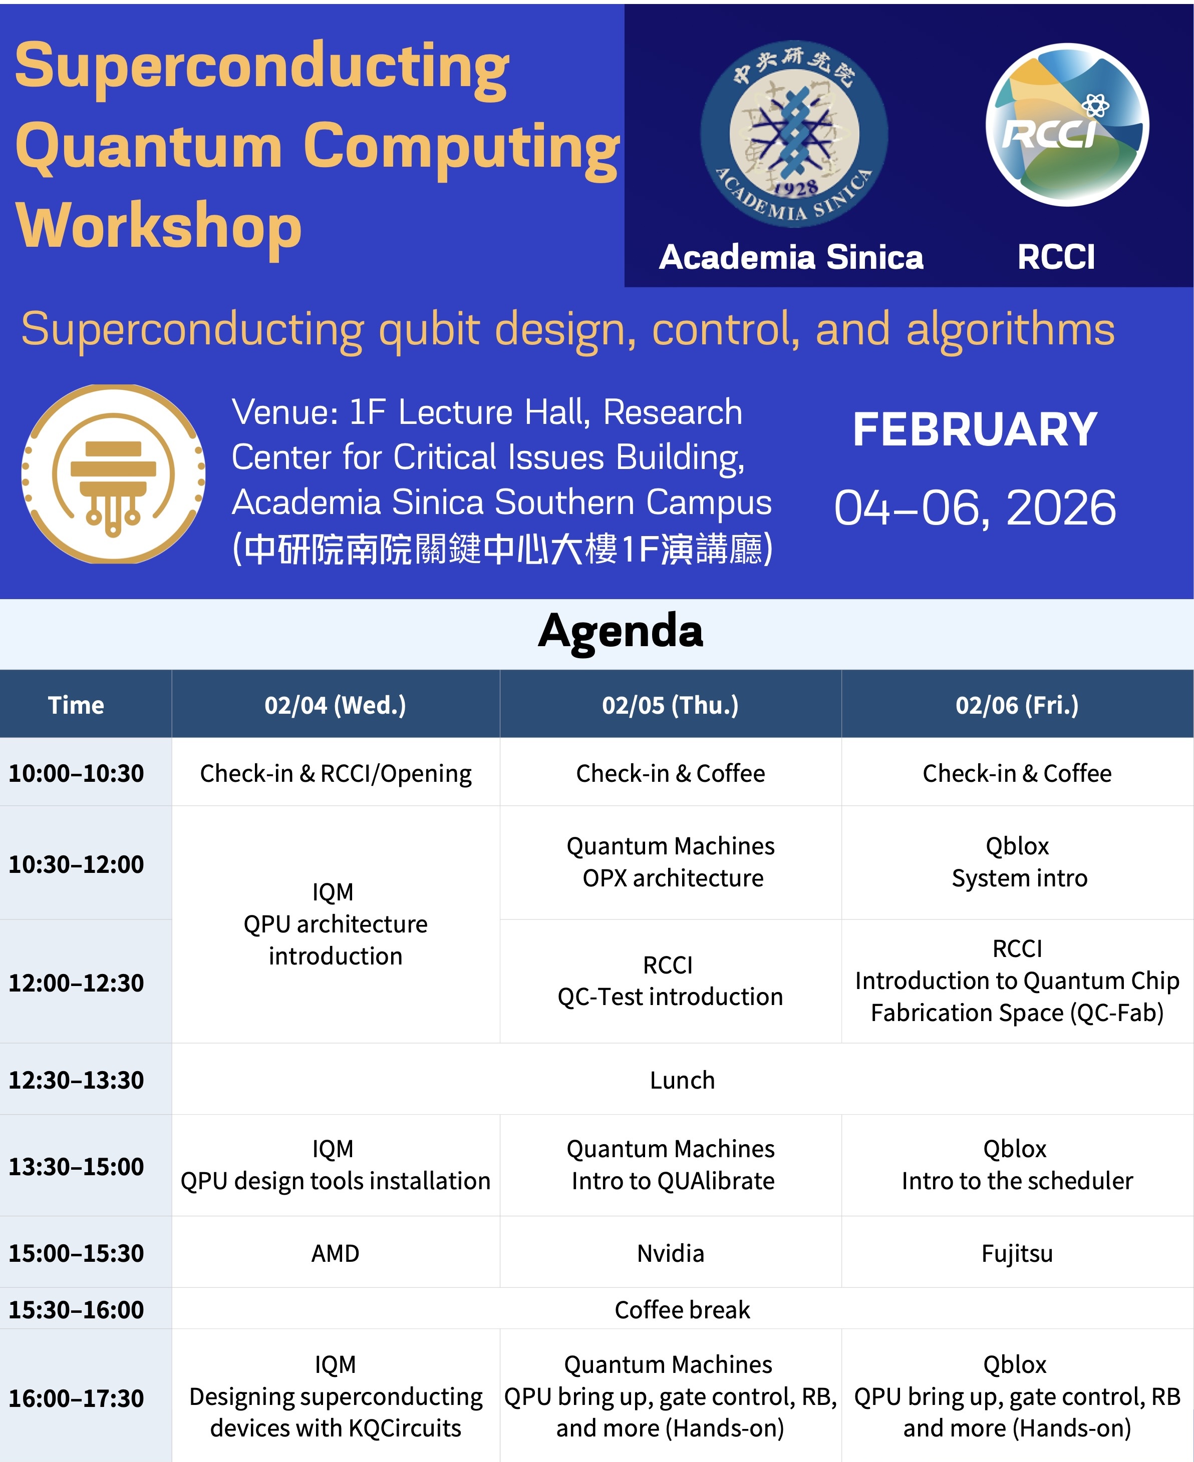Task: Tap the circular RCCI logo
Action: click(x=1067, y=125)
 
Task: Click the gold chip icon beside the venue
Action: click(x=114, y=474)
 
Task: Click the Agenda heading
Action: click(x=621, y=631)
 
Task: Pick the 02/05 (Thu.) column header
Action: click(x=670, y=705)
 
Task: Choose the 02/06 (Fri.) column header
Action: click(x=1017, y=705)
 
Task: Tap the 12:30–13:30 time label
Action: click(x=76, y=1080)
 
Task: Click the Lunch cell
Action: click(x=682, y=1080)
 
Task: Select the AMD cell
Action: click(x=335, y=1253)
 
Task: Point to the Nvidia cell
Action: click(x=670, y=1253)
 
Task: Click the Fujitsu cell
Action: click(x=1017, y=1253)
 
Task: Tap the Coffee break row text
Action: click(x=682, y=1309)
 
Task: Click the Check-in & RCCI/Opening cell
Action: click(x=335, y=773)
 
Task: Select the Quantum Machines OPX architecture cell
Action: click(x=670, y=862)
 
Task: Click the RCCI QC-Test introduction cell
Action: click(x=670, y=981)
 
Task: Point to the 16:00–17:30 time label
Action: click(x=76, y=1398)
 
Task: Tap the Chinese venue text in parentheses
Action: click(x=502, y=549)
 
